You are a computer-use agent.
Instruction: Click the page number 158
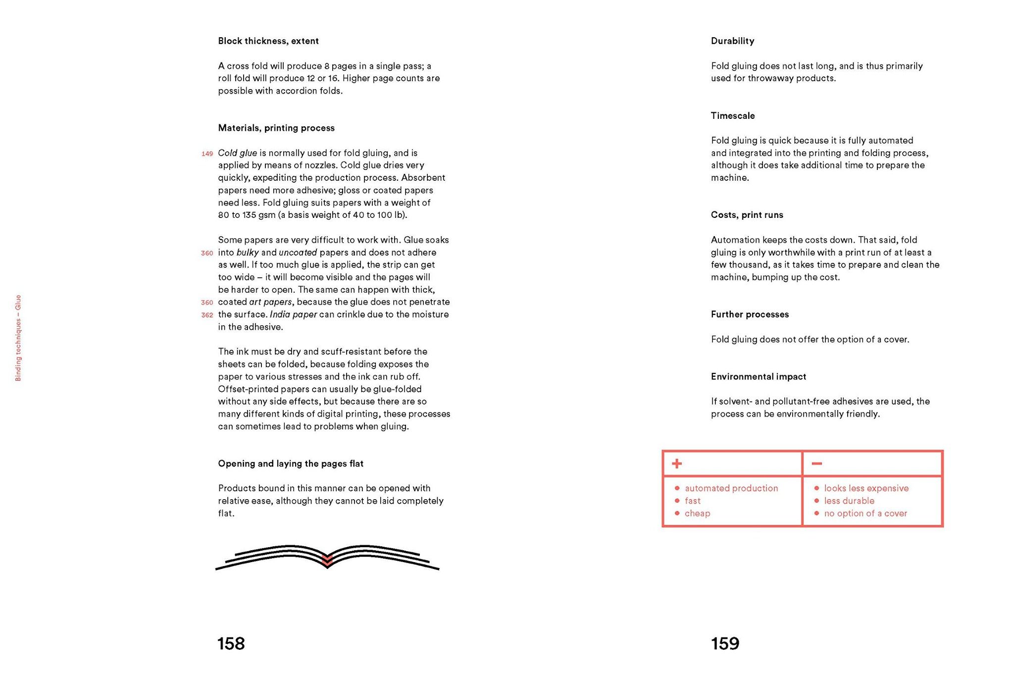tap(231, 643)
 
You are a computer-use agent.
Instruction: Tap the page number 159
tap(725, 643)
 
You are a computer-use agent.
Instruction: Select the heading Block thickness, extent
tap(268, 41)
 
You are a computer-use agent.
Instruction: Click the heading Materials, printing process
tap(276, 128)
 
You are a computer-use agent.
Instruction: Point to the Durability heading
tap(732, 41)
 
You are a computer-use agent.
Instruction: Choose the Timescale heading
tap(733, 116)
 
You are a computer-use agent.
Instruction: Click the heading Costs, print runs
tap(747, 215)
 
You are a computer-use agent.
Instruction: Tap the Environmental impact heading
tap(758, 376)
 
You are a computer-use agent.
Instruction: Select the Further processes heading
tap(750, 314)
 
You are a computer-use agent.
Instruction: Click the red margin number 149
tap(207, 154)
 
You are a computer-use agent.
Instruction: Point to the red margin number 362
tap(207, 315)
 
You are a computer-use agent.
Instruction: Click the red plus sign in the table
tap(676, 464)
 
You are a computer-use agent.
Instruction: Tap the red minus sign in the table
tap(816, 464)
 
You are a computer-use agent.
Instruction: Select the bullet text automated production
tap(731, 488)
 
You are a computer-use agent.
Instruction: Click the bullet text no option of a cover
tap(865, 514)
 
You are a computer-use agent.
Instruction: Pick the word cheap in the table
tap(697, 514)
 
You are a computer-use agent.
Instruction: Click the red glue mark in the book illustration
tap(327, 560)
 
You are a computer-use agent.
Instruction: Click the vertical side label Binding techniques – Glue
tap(18, 338)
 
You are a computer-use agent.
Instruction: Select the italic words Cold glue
tap(237, 153)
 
